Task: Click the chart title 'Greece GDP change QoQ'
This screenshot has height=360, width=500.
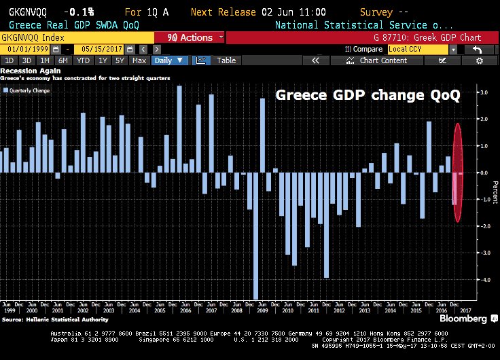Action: (x=367, y=95)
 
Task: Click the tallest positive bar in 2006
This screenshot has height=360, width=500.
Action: (x=179, y=129)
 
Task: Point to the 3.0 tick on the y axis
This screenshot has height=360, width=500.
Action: (x=483, y=92)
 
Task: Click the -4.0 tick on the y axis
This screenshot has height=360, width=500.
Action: (x=483, y=279)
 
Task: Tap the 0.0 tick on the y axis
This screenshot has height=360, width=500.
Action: (x=483, y=173)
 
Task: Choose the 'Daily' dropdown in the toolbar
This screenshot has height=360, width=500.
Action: (x=169, y=60)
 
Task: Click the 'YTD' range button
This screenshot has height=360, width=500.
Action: (x=84, y=60)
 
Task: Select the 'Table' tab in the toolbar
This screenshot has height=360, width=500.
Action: (x=226, y=60)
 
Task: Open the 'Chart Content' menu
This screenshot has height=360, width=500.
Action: (x=383, y=60)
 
